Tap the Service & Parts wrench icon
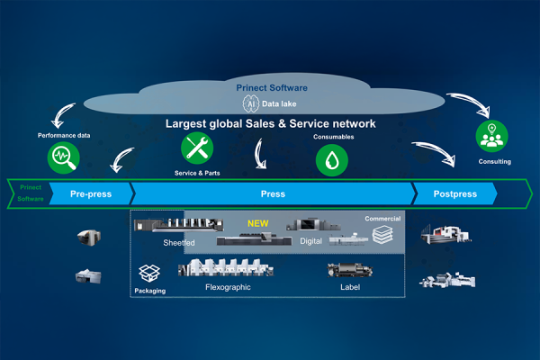tap(197, 149)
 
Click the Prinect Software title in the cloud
tap(272, 87)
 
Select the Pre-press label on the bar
tap(91, 193)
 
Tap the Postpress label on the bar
tap(454, 193)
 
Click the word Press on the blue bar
tap(273, 193)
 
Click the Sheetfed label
tap(177, 243)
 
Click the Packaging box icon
tap(149, 274)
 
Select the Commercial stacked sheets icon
tap(382, 235)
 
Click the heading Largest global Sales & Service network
tap(269, 123)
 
